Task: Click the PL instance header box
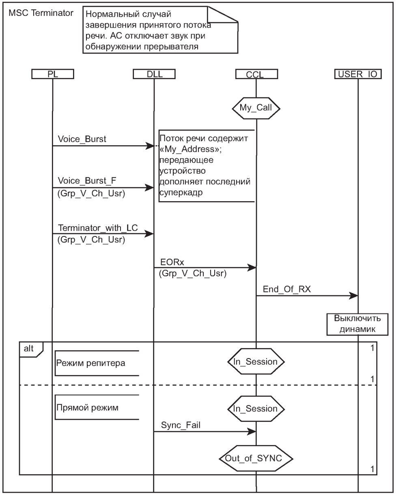point(52,74)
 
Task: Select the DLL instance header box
point(154,74)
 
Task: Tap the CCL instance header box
point(256,74)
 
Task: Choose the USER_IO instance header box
point(358,74)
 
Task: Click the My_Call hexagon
point(256,108)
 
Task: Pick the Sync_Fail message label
point(181,425)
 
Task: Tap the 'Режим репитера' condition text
point(91,363)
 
